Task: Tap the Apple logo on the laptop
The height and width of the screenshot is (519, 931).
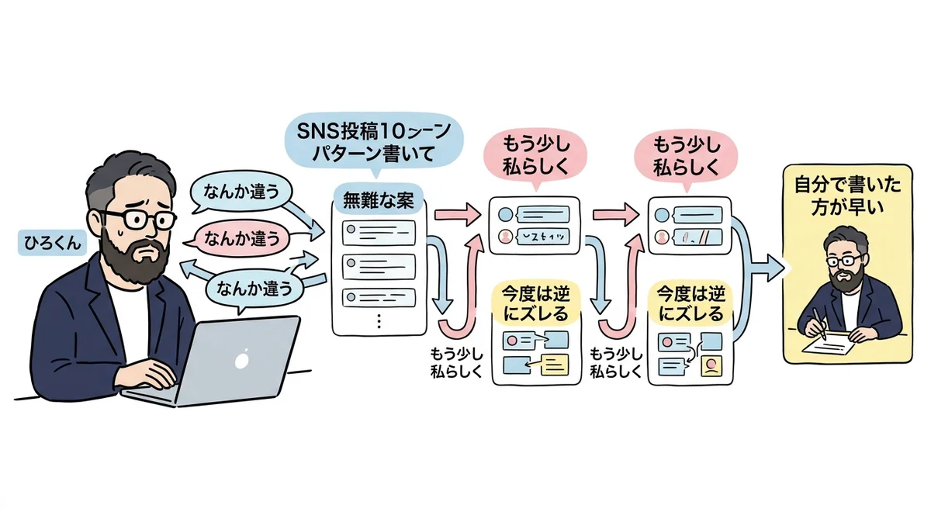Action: coord(242,359)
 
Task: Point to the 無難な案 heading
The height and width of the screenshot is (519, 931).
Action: coord(379,200)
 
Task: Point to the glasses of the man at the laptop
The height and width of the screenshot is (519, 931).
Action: coord(137,220)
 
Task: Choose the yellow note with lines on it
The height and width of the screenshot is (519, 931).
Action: coord(552,363)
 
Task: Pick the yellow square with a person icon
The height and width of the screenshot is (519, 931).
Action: coord(710,363)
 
